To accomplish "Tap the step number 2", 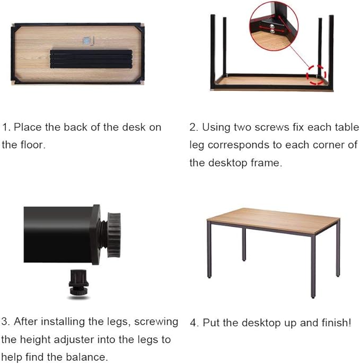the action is pos(193,127).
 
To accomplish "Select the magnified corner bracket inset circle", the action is pos(274,26).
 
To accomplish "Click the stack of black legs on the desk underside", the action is pos(91,59).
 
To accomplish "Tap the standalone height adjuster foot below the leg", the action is pos(78,283).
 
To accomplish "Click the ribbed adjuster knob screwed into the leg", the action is pos(113,235).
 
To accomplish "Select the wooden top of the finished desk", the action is pos(273,220).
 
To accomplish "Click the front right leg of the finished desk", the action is pos(313,266).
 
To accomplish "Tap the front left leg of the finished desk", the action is pos(209,250).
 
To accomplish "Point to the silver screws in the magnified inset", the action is pos(272,29).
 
